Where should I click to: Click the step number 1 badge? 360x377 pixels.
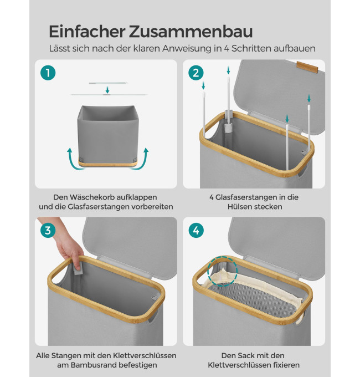pos(48,73)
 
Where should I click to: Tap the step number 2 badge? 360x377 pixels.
pos(196,73)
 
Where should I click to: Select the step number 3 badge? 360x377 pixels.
pos(48,230)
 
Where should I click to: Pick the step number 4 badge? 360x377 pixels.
pos(196,230)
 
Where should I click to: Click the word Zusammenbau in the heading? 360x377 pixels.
pos(191,32)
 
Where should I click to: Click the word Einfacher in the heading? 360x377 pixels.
pos(87,32)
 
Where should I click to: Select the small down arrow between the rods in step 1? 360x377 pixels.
pos(107,90)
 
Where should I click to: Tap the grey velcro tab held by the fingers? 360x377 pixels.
pos(78,270)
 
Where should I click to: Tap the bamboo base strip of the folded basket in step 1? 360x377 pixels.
pos(108,164)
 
